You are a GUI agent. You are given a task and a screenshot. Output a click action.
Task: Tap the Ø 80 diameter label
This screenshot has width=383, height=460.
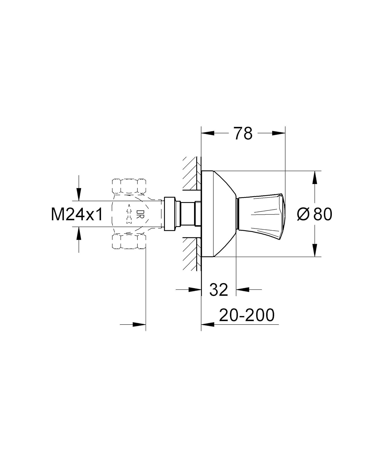[315, 214]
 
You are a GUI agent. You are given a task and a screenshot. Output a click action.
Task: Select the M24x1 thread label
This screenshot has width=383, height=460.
[77, 214]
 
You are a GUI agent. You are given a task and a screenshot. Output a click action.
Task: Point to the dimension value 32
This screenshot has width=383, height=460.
[218, 290]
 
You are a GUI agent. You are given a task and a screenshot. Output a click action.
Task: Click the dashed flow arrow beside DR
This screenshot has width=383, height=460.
[129, 214]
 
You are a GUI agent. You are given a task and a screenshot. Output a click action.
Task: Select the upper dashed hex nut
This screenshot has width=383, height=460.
[129, 186]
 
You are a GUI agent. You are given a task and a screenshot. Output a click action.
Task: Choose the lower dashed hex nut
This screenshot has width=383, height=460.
[129, 241]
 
